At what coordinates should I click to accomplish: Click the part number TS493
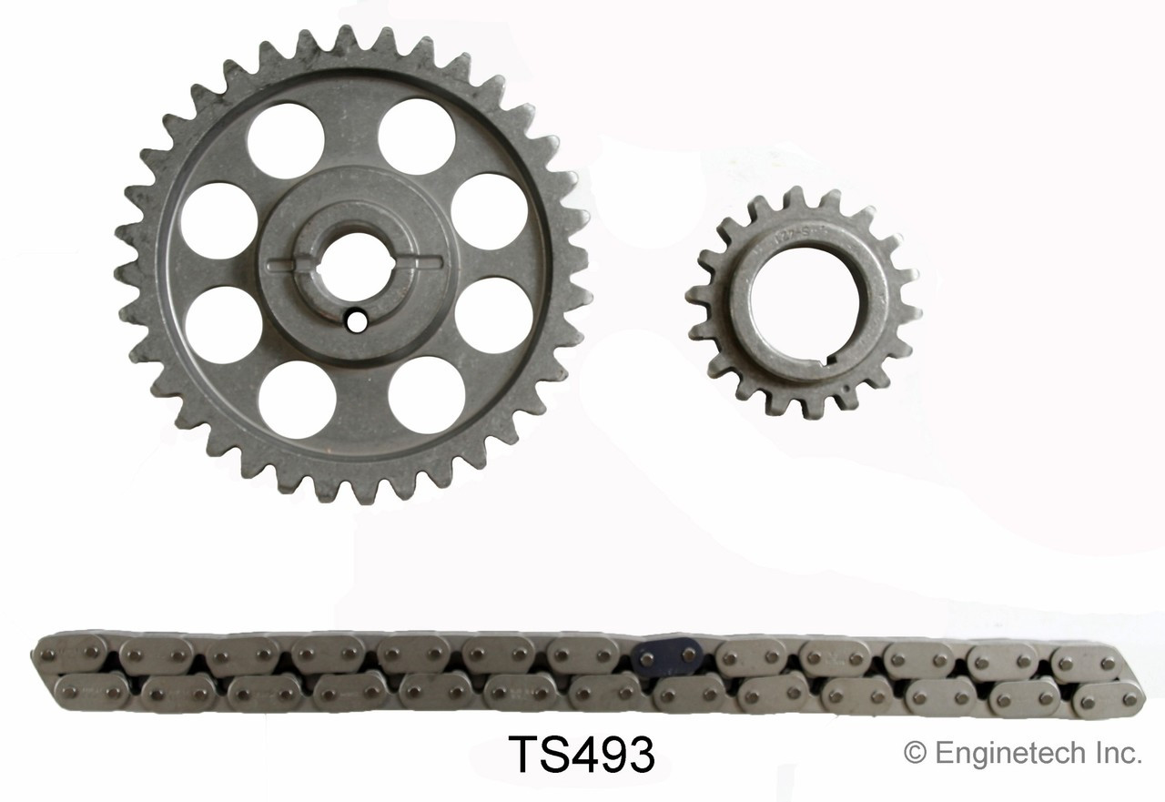581,755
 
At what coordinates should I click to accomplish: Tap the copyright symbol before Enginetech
914,753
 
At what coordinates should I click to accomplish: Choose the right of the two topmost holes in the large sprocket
417,137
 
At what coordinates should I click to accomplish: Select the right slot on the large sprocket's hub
421,263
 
